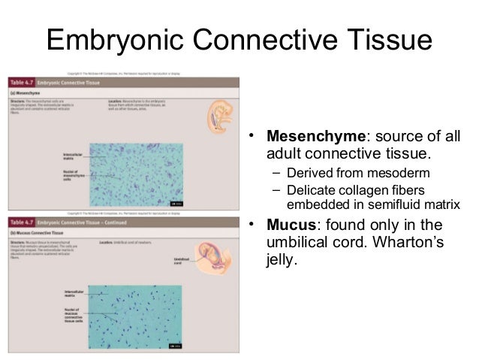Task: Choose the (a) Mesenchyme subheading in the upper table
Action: click(x=27, y=92)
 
